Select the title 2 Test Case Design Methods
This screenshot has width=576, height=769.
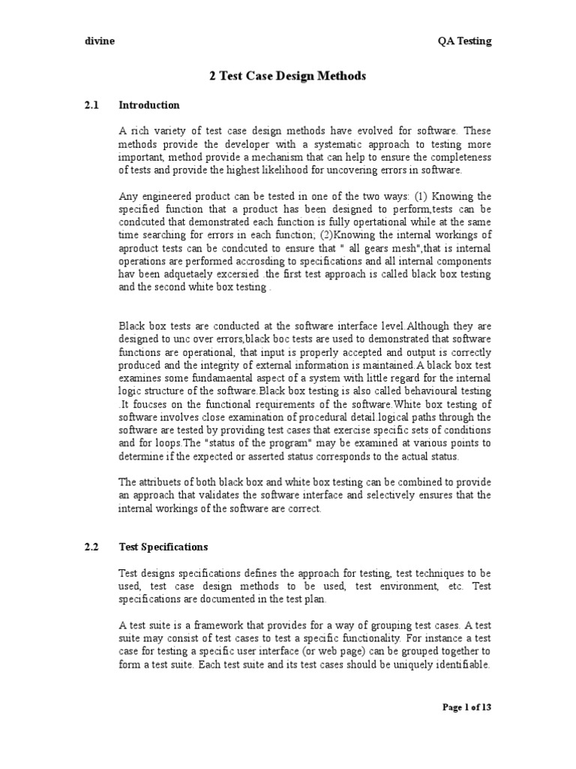pos(287,77)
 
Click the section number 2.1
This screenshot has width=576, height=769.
pos(92,104)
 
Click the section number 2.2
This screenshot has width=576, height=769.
pos(92,547)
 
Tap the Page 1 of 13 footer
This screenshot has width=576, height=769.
pos(467,707)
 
